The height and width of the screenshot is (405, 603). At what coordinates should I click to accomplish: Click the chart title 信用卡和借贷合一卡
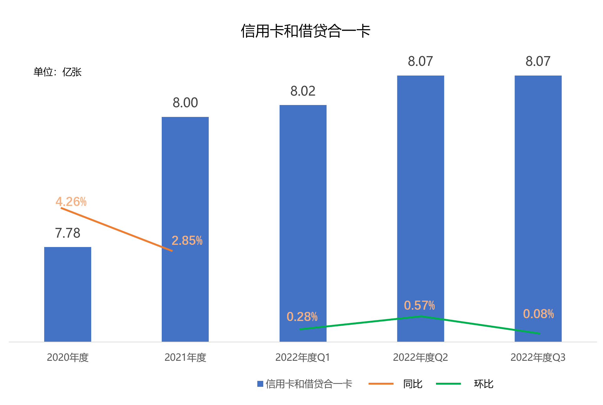point(305,31)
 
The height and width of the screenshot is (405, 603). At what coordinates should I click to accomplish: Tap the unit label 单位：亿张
point(57,72)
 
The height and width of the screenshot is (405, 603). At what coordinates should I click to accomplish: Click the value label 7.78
point(68,233)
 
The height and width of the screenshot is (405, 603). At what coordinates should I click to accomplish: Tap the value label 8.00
point(185,103)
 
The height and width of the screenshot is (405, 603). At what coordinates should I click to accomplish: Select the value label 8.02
point(303,91)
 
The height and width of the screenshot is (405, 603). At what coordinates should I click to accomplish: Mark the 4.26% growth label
point(71,202)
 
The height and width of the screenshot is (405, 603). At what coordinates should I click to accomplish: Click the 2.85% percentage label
point(187,241)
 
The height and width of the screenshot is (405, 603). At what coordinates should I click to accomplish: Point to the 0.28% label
point(302,317)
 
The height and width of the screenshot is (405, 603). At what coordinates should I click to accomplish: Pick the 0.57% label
point(419,305)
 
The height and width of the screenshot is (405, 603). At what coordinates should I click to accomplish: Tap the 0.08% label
point(538,314)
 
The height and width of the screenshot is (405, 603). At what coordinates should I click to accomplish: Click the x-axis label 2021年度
point(185,357)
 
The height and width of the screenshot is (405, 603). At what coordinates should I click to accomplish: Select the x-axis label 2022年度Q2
point(420,357)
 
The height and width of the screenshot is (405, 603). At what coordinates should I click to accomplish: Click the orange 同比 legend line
point(381,384)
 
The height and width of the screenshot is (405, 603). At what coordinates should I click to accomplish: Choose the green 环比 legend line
point(448,384)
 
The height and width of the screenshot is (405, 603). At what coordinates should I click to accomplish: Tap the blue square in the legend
point(260,384)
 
